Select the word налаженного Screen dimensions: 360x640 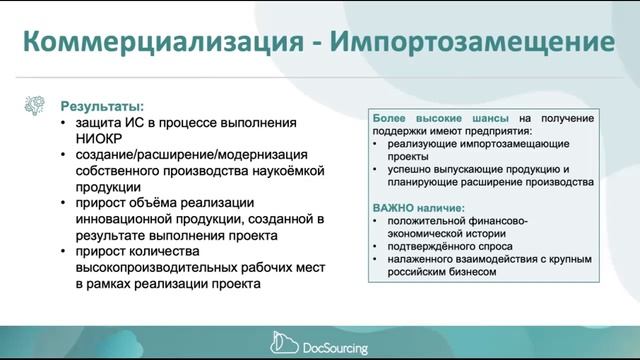point(426,259)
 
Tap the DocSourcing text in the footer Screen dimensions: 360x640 point(335,346)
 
